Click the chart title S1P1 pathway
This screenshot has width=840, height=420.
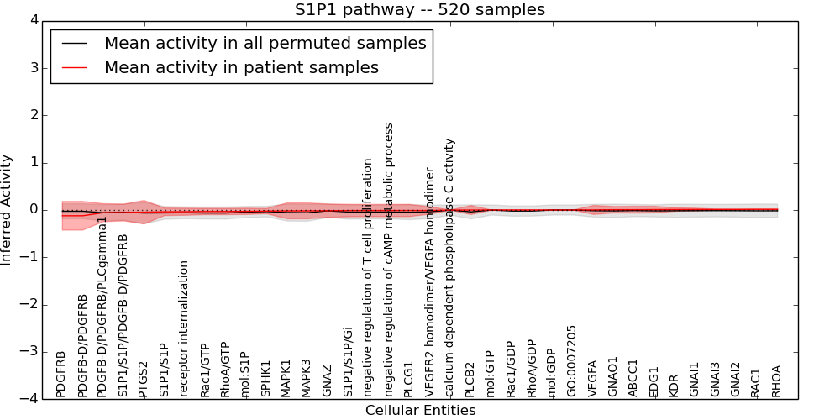pyautogui.click(x=419, y=10)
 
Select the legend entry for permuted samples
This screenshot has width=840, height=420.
pyautogui.click(x=265, y=42)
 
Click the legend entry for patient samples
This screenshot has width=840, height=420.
pyautogui.click(x=241, y=67)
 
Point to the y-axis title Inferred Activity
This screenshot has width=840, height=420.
pyautogui.click(x=8, y=210)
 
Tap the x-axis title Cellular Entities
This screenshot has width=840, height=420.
pyautogui.click(x=420, y=411)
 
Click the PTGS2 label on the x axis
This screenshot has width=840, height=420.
pyautogui.click(x=143, y=379)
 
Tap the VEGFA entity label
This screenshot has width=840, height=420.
pyautogui.click(x=593, y=378)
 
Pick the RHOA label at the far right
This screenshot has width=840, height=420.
pyautogui.click(x=777, y=381)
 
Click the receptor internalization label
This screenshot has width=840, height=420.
pyautogui.click(x=184, y=328)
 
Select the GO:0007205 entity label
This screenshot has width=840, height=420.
pyautogui.click(x=572, y=361)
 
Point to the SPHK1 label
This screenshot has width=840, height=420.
pyautogui.click(x=265, y=379)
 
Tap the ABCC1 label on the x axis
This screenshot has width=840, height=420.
pyautogui.click(x=633, y=379)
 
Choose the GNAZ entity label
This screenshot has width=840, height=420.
pyautogui.click(x=327, y=380)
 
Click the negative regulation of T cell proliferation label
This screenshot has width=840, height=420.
pyautogui.click(x=368, y=277)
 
